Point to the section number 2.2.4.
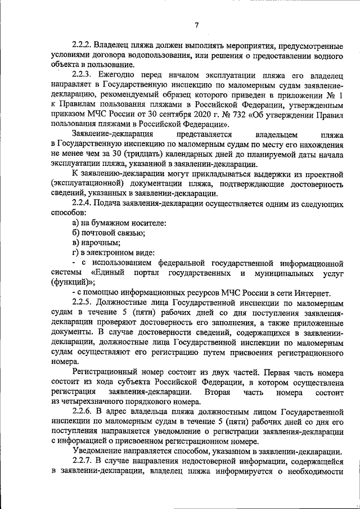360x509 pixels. tap(83, 202)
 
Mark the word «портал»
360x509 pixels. tap(150, 273)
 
